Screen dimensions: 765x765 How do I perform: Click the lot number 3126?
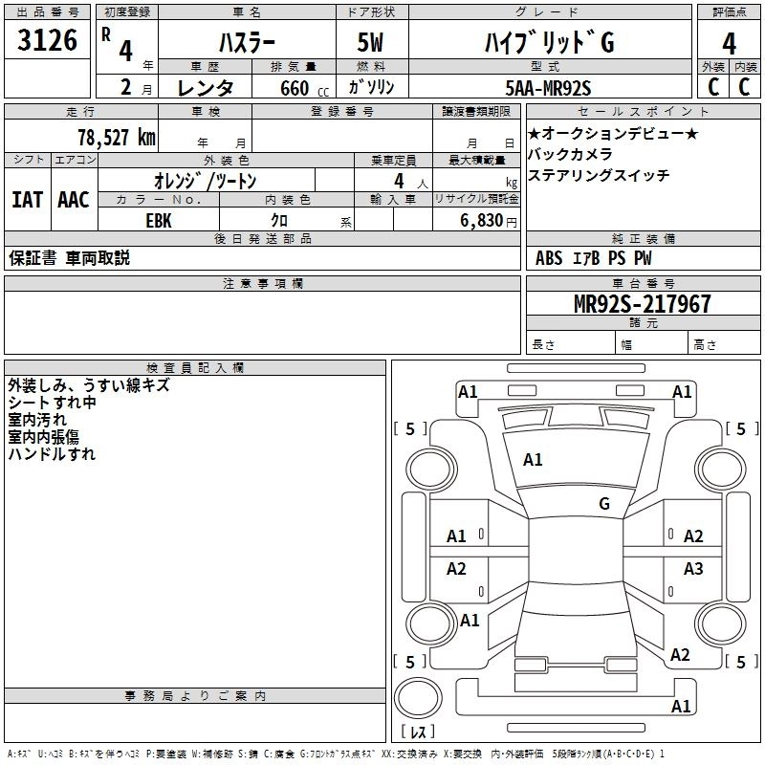click(49, 40)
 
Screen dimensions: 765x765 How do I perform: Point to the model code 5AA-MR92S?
click(548, 88)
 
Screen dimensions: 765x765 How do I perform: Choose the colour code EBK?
click(158, 220)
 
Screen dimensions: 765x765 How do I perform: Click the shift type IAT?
click(27, 200)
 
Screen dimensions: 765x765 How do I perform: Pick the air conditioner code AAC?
click(74, 200)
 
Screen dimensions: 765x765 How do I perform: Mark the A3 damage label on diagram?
click(693, 569)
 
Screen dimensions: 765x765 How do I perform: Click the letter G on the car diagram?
click(604, 503)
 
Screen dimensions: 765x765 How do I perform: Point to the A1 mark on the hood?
click(533, 460)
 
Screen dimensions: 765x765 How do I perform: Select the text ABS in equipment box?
click(549, 257)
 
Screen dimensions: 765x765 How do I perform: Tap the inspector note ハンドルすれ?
click(52, 454)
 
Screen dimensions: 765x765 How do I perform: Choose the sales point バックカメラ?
click(570, 154)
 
